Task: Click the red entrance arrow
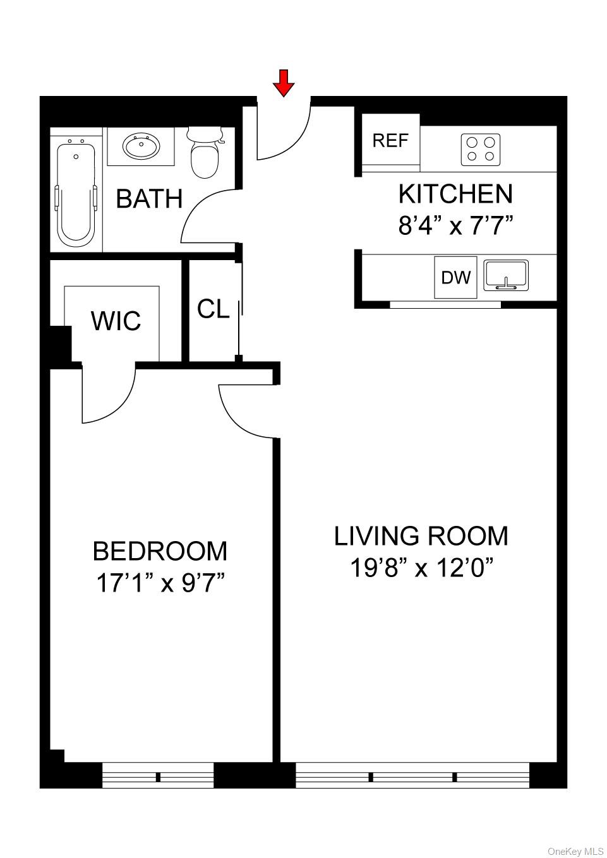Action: click(x=284, y=83)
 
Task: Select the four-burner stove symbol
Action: click(x=480, y=150)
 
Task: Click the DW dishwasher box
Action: click(x=455, y=277)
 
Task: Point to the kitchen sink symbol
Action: click(x=506, y=276)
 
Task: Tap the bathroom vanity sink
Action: click(x=141, y=147)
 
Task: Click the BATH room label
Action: click(x=149, y=199)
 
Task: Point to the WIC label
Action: click(x=116, y=321)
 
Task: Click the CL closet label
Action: click(x=213, y=309)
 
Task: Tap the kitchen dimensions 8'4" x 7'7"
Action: click(x=455, y=225)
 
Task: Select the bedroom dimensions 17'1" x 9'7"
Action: click(x=160, y=583)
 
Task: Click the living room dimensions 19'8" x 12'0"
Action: click(x=421, y=568)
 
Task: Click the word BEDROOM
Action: click(x=160, y=551)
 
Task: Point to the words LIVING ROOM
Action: click(x=421, y=536)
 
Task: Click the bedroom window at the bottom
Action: click(x=158, y=776)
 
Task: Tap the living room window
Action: click(x=412, y=776)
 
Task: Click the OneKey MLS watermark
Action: click(x=575, y=851)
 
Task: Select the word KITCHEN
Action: click(x=455, y=194)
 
